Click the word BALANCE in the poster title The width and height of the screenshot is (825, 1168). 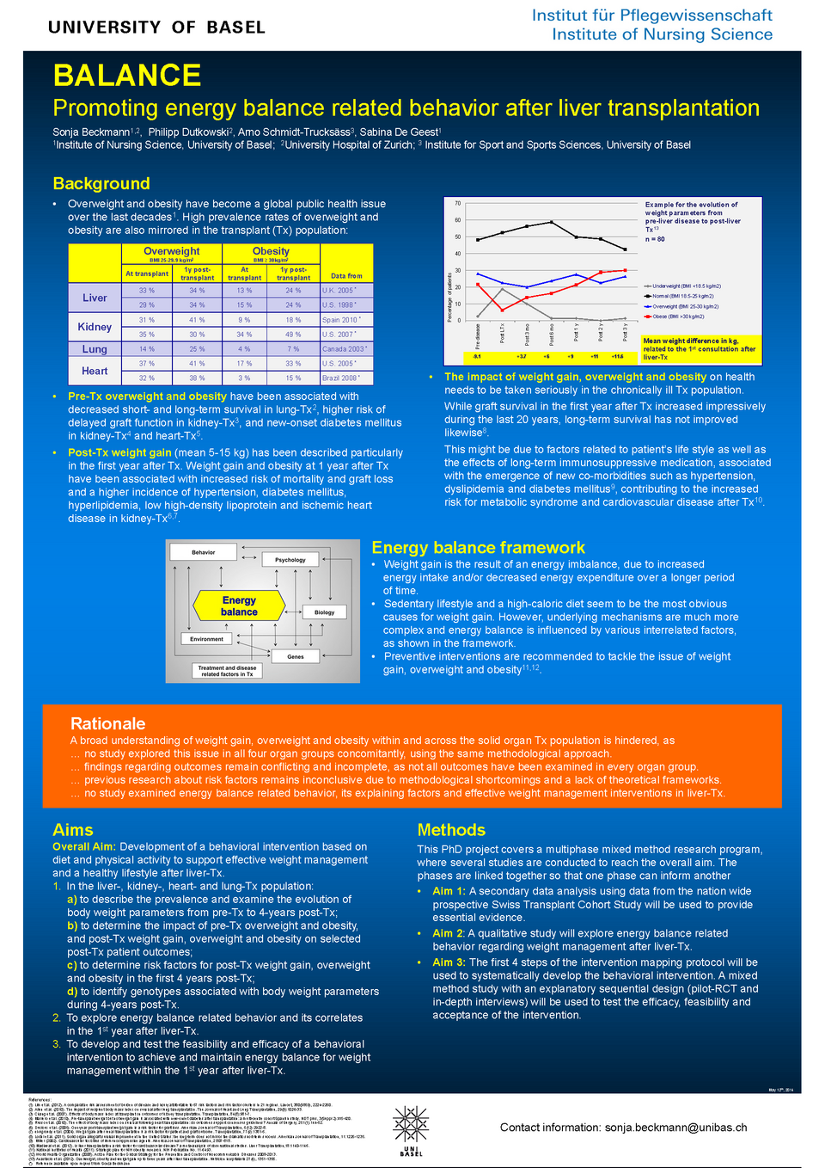127,76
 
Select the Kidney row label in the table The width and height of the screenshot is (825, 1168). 95,327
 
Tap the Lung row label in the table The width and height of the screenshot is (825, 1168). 95,349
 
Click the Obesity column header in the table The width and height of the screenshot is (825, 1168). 271,251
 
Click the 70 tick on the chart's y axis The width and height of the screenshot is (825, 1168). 458,203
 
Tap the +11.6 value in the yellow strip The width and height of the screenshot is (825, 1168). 617,356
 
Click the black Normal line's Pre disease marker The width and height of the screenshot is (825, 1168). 478,239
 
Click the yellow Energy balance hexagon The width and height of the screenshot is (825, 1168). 239,606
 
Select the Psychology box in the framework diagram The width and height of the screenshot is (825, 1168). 290,560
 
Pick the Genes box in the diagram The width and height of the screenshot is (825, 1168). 296,656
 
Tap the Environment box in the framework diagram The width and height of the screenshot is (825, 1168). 207,639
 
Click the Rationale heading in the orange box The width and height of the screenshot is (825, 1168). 108,723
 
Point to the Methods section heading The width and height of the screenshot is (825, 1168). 451,830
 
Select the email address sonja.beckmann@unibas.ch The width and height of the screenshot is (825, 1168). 675,1128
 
